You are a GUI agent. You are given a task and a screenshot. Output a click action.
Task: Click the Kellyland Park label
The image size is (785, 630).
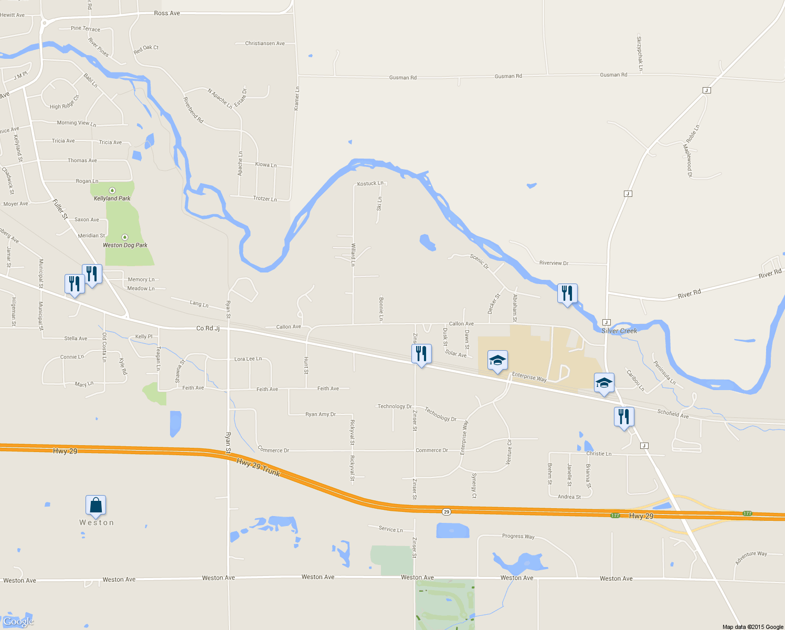tap(112, 198)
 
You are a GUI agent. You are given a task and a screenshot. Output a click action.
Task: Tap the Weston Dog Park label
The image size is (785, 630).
tap(125, 245)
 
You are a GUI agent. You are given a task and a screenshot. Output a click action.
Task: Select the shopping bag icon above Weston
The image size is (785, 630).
tap(96, 505)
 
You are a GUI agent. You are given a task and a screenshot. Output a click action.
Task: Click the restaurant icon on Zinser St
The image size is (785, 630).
tap(421, 354)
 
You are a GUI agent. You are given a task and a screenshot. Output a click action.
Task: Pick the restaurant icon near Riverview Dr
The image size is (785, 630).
tap(567, 293)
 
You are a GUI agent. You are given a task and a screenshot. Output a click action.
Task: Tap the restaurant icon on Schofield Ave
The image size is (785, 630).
tap(624, 417)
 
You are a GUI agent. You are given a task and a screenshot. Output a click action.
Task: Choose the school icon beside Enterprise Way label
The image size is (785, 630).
tap(497, 361)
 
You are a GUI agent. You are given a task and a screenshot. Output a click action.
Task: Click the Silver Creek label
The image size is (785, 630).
tap(619, 331)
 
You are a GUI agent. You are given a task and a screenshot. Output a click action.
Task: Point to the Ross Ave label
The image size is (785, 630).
tap(167, 13)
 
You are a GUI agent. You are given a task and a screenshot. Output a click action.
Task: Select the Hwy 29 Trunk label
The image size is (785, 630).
tap(258, 467)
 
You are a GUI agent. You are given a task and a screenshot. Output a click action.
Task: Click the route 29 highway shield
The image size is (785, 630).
tap(446, 511)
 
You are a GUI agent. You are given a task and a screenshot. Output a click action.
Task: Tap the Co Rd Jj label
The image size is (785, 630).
tap(208, 329)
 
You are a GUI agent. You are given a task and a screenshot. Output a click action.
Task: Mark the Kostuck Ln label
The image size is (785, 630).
tap(370, 184)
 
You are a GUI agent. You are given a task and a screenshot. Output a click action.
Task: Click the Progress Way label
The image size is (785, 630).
tap(518, 536)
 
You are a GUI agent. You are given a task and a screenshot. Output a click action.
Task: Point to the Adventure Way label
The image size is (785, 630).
tap(751, 558)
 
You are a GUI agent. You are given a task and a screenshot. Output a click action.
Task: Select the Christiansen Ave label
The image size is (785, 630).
tap(265, 44)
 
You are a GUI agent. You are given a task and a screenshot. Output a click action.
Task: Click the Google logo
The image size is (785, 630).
tap(18, 622)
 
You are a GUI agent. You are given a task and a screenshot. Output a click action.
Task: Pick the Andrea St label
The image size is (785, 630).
tap(569, 497)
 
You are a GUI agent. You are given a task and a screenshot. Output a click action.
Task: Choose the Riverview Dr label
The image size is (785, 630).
tap(554, 263)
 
